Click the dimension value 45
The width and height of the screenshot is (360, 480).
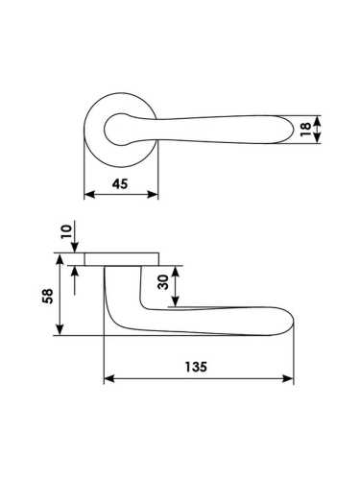(120, 184)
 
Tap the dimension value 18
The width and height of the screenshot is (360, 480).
(306, 130)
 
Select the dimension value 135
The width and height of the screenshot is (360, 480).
(196, 367)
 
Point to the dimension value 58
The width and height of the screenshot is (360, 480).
(47, 296)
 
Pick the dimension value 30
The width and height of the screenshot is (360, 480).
(163, 282)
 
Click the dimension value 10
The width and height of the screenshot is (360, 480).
(67, 231)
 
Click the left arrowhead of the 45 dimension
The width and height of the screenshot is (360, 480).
(89, 194)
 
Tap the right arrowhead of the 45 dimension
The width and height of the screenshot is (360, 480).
(153, 194)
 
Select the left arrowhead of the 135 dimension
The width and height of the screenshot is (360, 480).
(109, 379)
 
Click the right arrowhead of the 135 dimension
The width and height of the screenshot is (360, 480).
(288, 379)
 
